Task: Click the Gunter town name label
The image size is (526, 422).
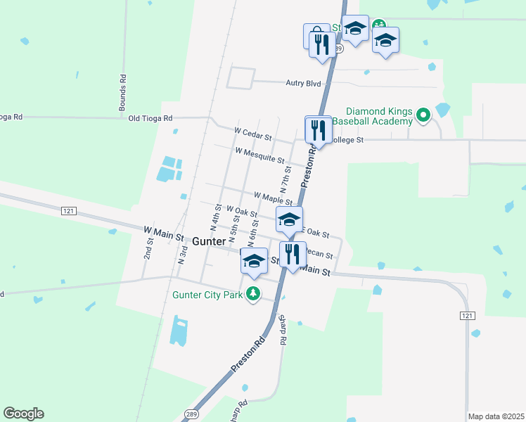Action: [208, 241]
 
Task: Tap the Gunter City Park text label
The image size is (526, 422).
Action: [207, 295]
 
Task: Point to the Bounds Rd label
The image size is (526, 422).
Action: [122, 93]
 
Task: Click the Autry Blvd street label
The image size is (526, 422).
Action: [303, 83]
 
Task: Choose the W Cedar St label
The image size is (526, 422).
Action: [252, 134]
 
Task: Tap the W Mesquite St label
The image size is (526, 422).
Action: [259, 155]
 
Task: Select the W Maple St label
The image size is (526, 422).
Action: [273, 198]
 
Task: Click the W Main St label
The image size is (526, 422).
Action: [163, 230]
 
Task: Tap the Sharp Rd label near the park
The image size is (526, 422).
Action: [282, 330]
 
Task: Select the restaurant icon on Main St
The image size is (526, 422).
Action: [293, 255]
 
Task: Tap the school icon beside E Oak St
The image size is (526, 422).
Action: [288, 220]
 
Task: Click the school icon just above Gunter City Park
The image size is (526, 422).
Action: [254, 262]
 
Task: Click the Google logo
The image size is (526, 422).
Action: [23, 414]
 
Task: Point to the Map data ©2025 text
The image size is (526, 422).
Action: [496, 416]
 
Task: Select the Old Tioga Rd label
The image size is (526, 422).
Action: [150, 118]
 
